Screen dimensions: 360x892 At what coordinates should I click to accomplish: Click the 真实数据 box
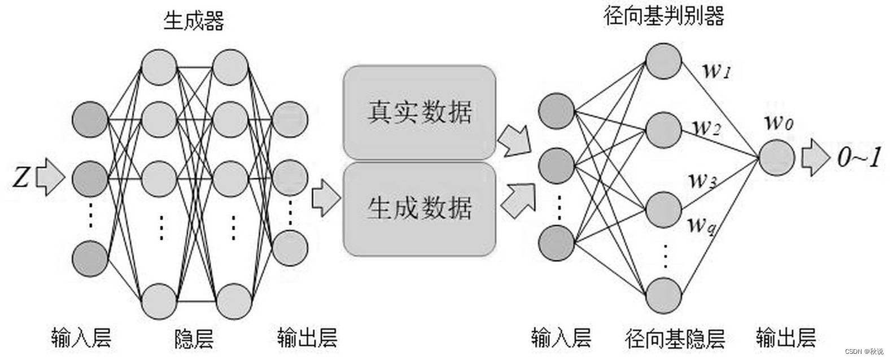pyautogui.click(x=419, y=112)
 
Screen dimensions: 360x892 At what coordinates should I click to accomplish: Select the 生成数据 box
pyautogui.click(x=419, y=209)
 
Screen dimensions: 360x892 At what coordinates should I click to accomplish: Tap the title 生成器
pyautogui.click(x=194, y=21)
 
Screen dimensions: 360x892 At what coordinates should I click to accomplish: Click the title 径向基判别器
pyautogui.click(x=663, y=15)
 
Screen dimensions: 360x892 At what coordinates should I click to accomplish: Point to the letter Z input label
pyautogui.click(x=20, y=178)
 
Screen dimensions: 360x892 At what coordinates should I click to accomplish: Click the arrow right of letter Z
pyautogui.click(x=50, y=178)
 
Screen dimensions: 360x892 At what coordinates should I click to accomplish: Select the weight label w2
pyautogui.click(x=706, y=127)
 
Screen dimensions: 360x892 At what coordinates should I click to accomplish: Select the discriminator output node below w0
pyautogui.click(x=777, y=157)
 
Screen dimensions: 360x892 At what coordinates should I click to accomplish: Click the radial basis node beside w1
pyautogui.click(x=663, y=61)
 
